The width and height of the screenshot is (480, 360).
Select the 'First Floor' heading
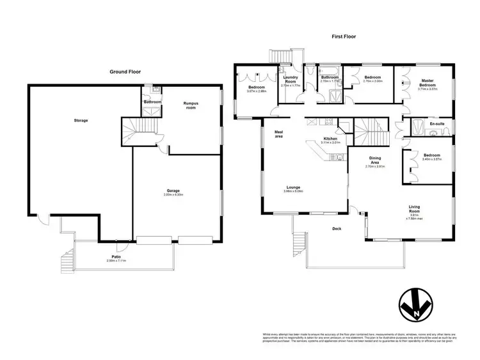pyautogui.click(x=344, y=37)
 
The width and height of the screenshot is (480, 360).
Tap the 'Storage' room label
pyautogui.click(x=81, y=120)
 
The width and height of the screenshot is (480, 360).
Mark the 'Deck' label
pyautogui.click(x=337, y=228)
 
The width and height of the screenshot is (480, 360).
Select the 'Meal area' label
pyautogui.click(x=279, y=134)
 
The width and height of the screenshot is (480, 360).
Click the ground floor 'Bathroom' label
pyautogui.click(x=152, y=102)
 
